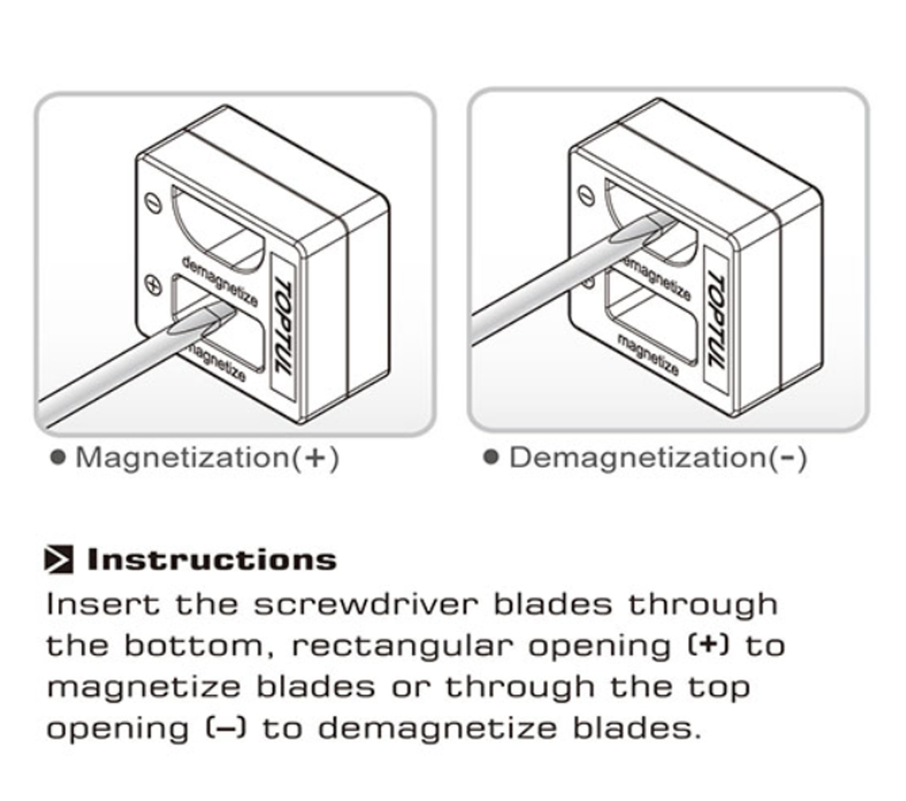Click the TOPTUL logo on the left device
(283, 327)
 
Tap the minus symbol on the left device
(153, 203)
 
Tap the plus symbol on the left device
(153, 286)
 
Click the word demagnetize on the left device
(219, 281)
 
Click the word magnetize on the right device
(648, 354)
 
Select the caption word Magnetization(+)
(207, 458)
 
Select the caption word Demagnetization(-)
(658, 458)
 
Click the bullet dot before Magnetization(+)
(58, 458)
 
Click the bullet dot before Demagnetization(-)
(491, 458)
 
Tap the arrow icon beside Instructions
(59, 559)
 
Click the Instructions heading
(211, 560)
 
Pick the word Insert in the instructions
(103, 605)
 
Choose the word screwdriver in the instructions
(365, 605)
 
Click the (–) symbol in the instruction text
(226, 729)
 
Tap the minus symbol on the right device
(587, 195)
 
